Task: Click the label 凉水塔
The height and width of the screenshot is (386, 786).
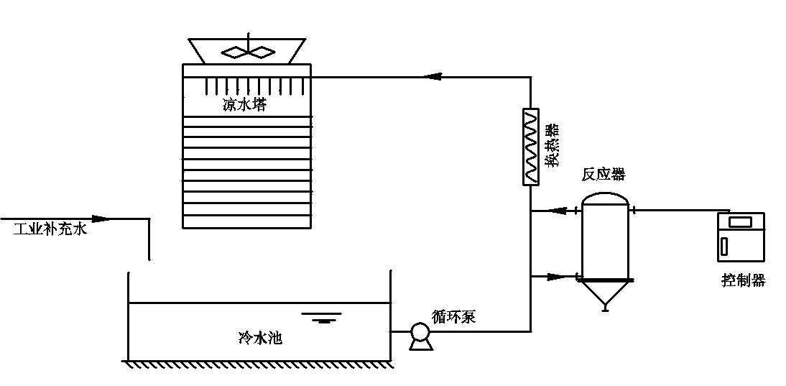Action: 244,105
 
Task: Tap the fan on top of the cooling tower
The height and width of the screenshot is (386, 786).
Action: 247,51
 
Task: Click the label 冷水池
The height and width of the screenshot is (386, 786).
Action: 259,337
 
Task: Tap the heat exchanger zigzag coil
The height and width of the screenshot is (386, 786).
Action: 530,147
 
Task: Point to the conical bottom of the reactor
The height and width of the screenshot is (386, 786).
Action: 604,294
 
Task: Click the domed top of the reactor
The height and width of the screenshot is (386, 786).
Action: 604,197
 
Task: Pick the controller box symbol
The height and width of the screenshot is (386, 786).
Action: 741,236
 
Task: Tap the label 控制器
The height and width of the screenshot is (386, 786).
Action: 743,280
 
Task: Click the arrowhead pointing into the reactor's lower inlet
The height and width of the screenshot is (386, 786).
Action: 555,276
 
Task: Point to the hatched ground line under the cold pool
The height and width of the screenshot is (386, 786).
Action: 259,364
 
